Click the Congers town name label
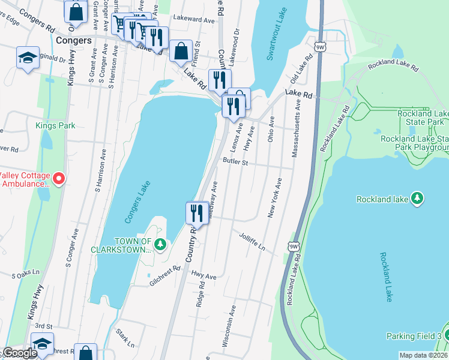click(73, 41)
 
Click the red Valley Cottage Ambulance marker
click(58, 179)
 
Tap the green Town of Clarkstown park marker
click(160, 244)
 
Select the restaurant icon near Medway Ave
click(197, 212)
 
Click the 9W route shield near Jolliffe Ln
click(293, 247)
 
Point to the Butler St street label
click(235, 162)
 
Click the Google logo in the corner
click(20, 353)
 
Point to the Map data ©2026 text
click(423, 355)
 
